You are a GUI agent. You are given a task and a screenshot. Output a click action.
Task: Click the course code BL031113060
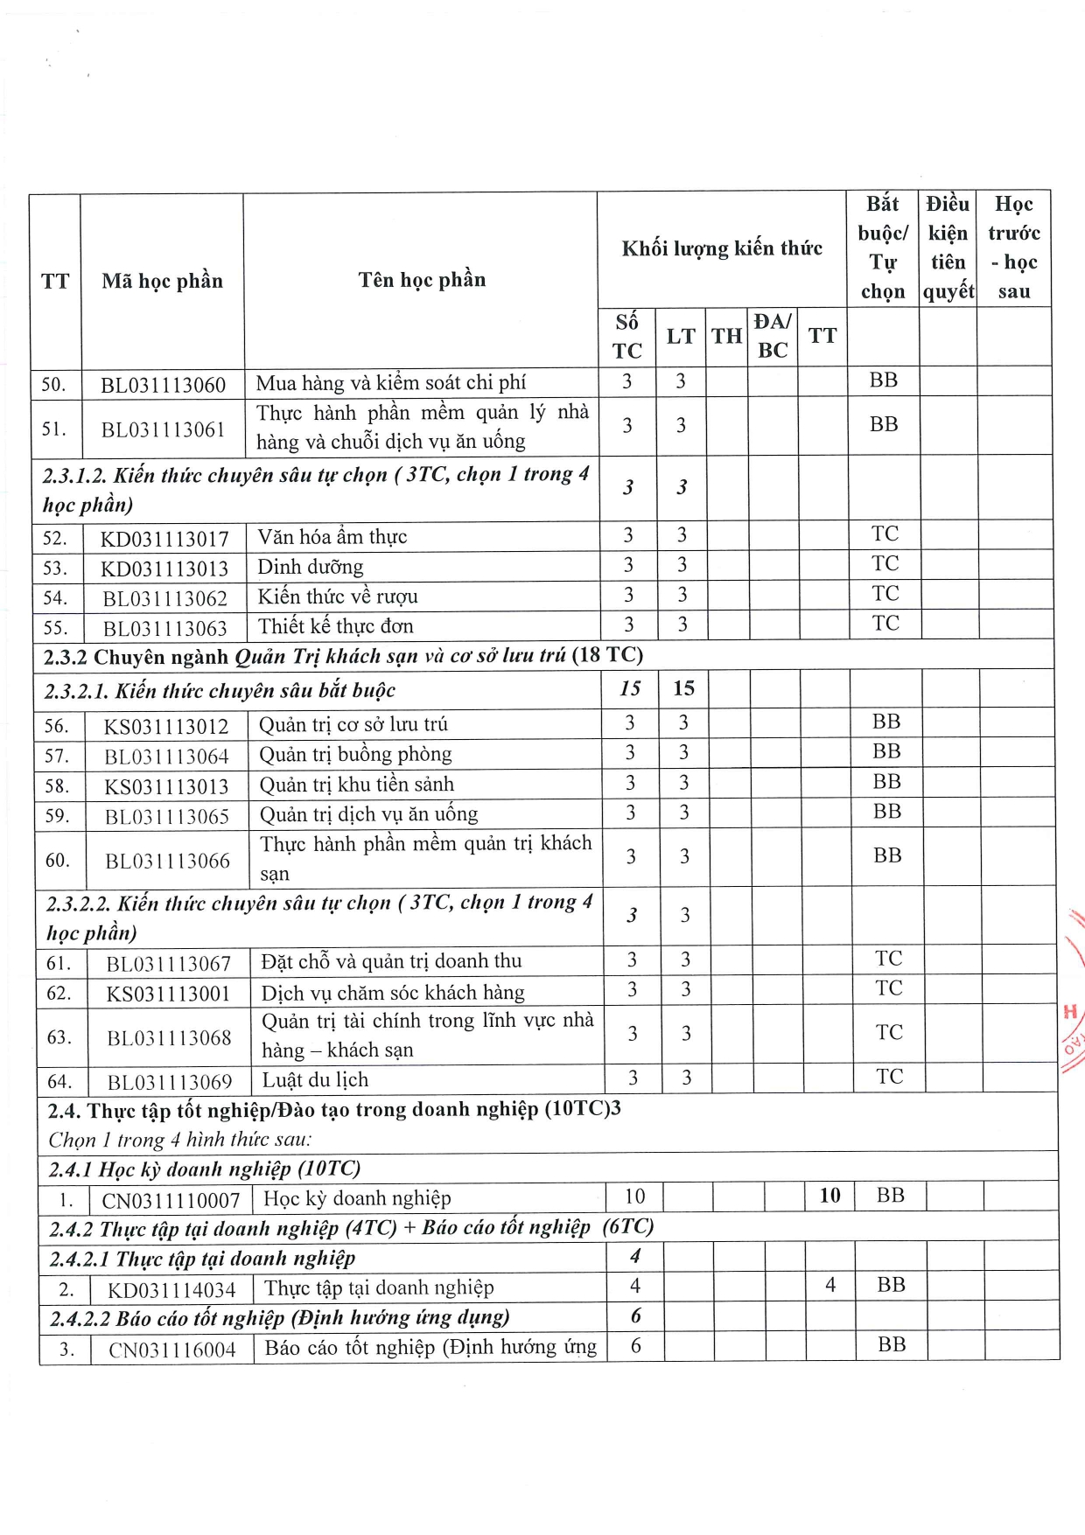(x=163, y=385)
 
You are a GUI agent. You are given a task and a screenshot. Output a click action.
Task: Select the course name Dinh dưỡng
(x=311, y=567)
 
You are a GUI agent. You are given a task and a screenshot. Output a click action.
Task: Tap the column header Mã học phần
(x=163, y=281)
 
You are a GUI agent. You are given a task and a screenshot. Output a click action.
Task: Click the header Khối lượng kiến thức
(x=722, y=249)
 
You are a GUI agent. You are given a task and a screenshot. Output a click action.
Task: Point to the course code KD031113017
(x=164, y=539)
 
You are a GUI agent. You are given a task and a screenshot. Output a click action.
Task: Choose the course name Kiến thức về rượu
(x=338, y=597)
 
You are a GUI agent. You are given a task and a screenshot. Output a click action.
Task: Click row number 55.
(x=55, y=628)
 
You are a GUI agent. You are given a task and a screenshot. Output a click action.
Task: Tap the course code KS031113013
(x=166, y=786)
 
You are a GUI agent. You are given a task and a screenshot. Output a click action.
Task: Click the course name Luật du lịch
(x=315, y=1079)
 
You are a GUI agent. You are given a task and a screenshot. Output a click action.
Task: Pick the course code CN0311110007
(x=171, y=1200)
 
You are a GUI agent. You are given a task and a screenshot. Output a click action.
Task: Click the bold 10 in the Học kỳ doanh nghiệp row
(x=829, y=1196)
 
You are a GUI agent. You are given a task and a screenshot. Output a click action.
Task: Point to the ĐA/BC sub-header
(x=773, y=336)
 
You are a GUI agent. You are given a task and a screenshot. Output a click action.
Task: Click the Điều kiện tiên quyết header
(x=948, y=248)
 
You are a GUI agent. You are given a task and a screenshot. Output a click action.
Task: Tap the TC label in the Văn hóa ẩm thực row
(x=885, y=534)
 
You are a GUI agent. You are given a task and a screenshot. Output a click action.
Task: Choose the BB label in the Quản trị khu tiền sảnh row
(x=886, y=782)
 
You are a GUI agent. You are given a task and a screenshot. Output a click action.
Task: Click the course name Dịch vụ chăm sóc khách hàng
(x=393, y=993)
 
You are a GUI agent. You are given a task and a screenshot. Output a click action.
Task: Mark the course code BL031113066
(x=168, y=861)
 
